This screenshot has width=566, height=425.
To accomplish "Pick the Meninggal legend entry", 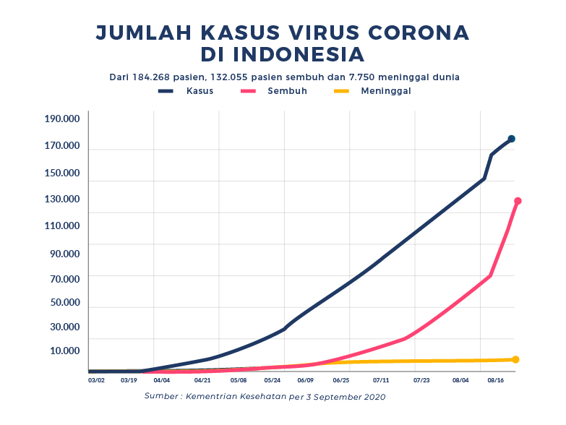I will [386, 91].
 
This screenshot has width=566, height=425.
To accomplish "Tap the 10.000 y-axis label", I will [65, 351].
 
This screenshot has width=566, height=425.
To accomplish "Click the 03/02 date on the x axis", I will [96, 379].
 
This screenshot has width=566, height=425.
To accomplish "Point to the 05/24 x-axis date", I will [273, 379].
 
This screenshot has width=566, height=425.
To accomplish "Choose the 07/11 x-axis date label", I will [381, 379].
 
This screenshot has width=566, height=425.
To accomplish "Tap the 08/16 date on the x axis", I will [496, 379].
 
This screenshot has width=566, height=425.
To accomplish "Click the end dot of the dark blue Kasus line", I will [511, 139].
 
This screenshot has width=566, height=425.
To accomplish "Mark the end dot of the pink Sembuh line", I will [518, 201].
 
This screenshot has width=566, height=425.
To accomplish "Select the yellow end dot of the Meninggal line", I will [515, 359].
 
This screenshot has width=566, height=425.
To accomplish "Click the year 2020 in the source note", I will [374, 397].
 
